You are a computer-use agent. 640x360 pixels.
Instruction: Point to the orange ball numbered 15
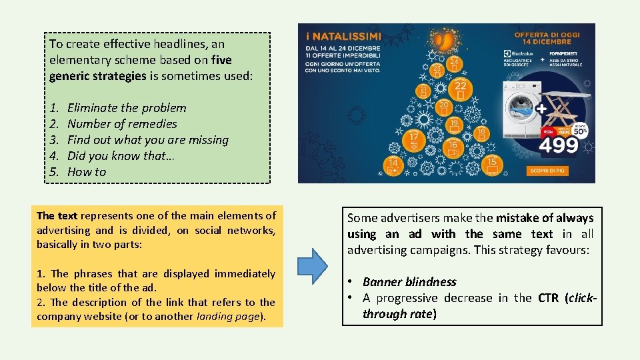(x=492, y=163)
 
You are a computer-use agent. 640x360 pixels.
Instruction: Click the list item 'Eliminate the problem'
(x=127, y=108)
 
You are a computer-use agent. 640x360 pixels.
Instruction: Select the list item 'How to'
(x=87, y=172)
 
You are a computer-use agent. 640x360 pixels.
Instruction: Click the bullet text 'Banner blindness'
(x=409, y=282)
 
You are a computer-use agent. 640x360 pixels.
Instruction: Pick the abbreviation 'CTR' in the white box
(x=549, y=298)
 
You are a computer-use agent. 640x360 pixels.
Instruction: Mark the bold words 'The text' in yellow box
(x=57, y=216)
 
